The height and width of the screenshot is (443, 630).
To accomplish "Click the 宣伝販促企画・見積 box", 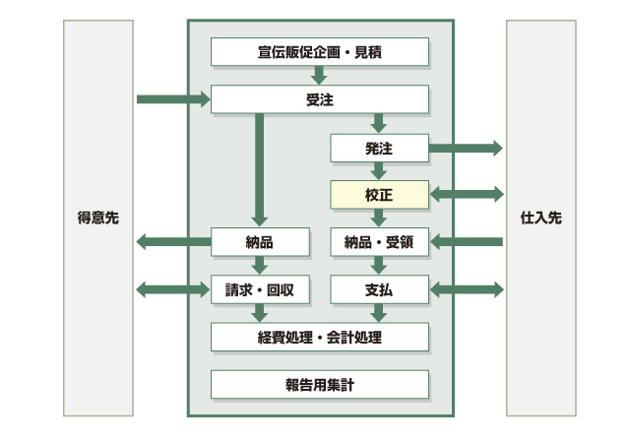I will tap(320, 51).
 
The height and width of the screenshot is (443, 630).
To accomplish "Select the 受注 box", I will tap(320, 99).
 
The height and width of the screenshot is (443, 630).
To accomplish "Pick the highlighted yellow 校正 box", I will tap(379, 194).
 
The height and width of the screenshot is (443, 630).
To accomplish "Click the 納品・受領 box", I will tap(379, 242).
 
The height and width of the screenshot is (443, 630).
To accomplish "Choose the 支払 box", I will tap(379, 289).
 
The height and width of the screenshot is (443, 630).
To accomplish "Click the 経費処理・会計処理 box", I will tap(320, 338).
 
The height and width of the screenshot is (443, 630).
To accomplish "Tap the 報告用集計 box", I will tap(320, 384).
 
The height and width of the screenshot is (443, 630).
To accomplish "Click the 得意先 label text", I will tap(97, 219).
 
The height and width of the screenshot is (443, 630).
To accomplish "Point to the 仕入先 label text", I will tap(541, 219).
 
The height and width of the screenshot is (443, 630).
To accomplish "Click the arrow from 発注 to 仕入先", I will tap(466, 148).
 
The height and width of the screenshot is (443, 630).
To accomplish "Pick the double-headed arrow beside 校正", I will tap(466, 194).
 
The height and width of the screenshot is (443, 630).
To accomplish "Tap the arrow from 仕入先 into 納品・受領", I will tap(466, 242).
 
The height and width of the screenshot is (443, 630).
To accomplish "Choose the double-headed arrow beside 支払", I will tap(466, 289).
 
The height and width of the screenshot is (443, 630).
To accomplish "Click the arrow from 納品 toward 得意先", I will tap(173, 242).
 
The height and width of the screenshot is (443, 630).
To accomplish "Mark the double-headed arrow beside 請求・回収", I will tap(173, 289).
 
